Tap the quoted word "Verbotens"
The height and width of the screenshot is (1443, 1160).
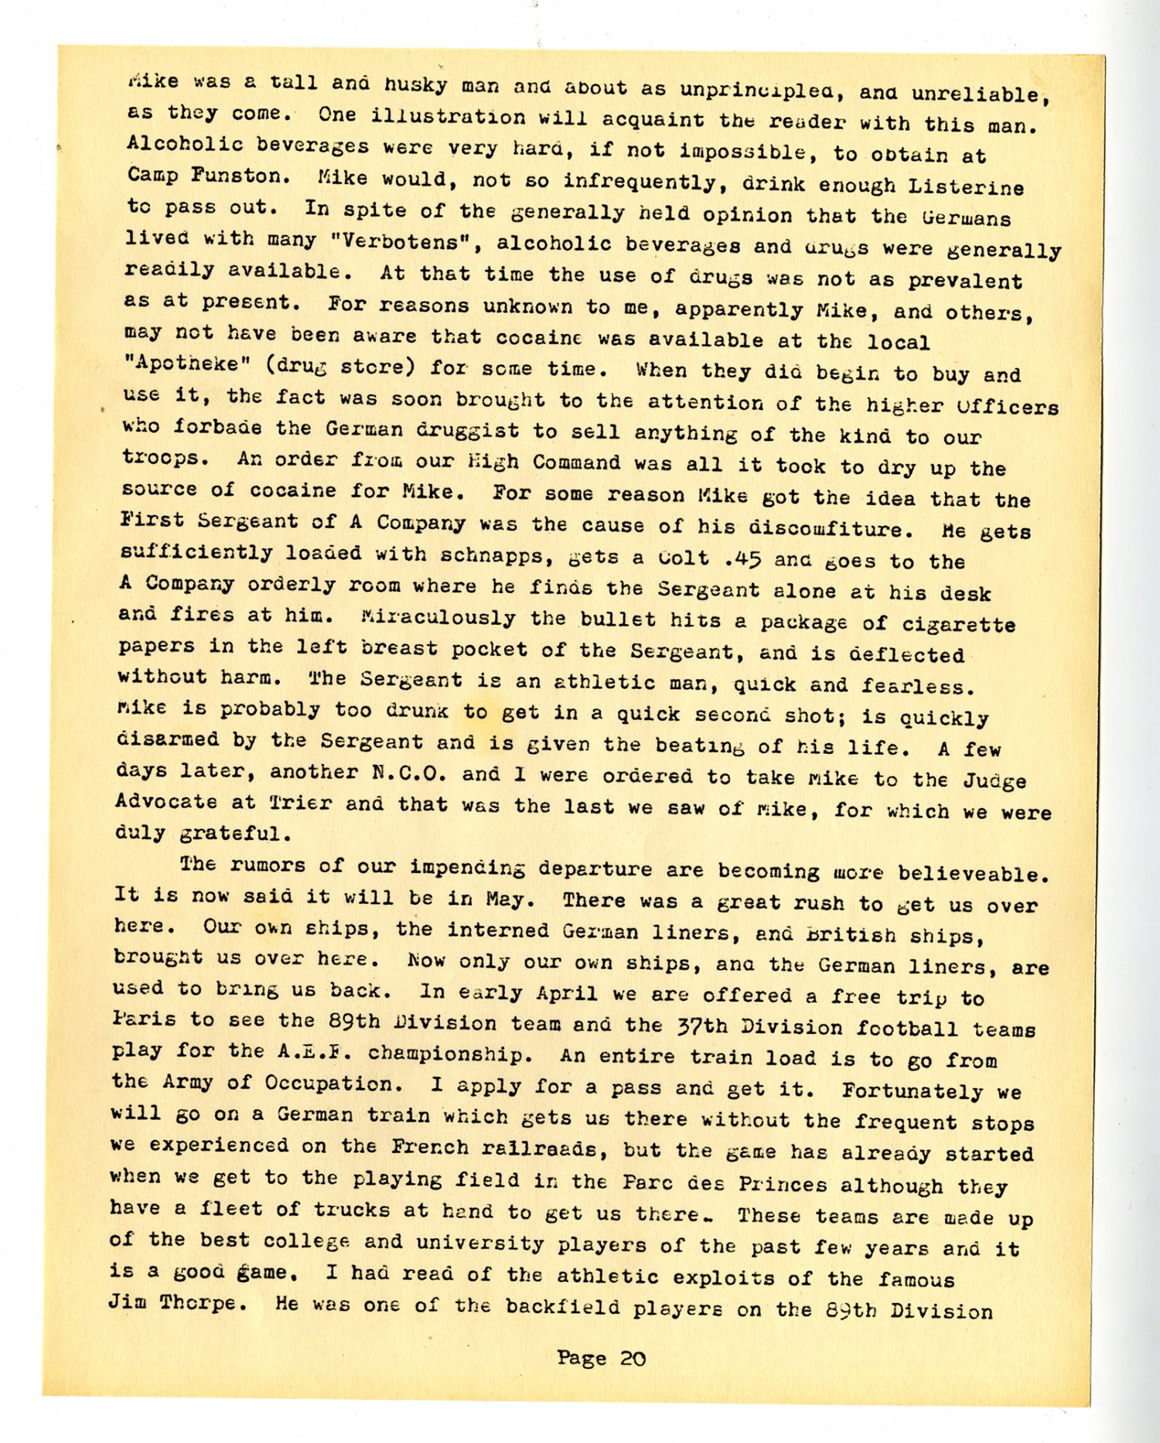click(x=401, y=241)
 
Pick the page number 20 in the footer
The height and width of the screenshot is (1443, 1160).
click(x=633, y=1358)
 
